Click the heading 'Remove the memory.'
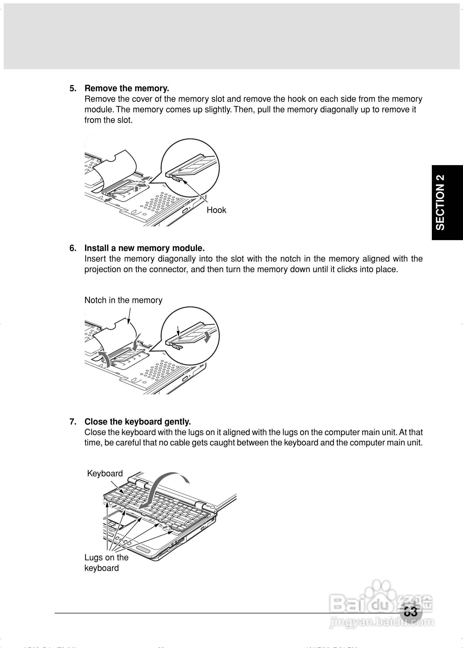click(127, 88)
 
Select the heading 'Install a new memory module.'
click(144, 248)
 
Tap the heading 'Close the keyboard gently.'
click(137, 421)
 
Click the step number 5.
click(73, 88)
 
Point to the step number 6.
click(73, 248)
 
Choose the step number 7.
click(73, 421)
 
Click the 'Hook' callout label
click(216, 210)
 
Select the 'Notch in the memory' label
click(123, 300)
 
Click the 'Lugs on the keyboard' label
click(106, 562)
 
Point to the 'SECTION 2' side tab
click(440, 202)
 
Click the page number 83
click(410, 612)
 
